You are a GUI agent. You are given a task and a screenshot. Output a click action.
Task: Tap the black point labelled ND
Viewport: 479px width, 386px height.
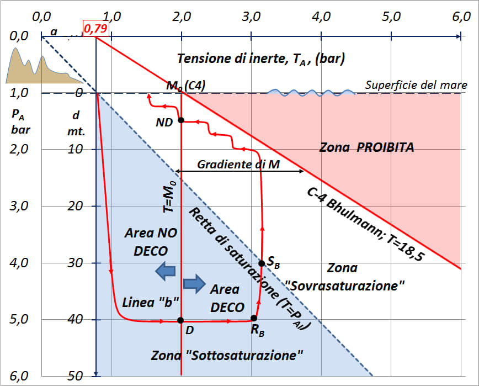[x=181, y=120]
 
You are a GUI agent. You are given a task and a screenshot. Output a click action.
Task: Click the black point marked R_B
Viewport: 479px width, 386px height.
[x=254, y=318]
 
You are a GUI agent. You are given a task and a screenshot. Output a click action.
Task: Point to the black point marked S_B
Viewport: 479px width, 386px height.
[x=262, y=263]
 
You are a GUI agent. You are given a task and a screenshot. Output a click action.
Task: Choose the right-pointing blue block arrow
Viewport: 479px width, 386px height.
[x=193, y=283]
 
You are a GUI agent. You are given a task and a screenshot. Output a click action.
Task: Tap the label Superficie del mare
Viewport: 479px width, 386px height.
[x=416, y=85]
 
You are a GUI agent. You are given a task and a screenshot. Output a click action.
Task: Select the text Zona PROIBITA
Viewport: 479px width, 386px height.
[x=366, y=148]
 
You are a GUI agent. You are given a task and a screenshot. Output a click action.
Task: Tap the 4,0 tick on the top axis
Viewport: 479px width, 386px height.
[x=321, y=16]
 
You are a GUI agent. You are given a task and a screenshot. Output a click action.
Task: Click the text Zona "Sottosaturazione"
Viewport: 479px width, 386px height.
[x=227, y=356]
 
